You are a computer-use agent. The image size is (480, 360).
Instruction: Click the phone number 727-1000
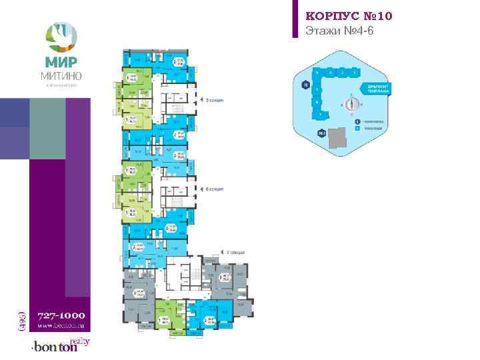click(x=61, y=315)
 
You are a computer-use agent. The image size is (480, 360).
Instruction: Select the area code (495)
click(x=21, y=317)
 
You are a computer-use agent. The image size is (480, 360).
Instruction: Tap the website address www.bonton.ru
click(x=61, y=327)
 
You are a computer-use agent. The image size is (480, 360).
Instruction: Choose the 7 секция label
click(x=235, y=253)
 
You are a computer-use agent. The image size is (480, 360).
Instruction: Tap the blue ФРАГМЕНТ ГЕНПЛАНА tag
click(x=378, y=88)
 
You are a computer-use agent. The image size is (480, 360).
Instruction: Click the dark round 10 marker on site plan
click(x=305, y=85)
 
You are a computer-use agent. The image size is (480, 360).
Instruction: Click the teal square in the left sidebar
click(x=48, y=129)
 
